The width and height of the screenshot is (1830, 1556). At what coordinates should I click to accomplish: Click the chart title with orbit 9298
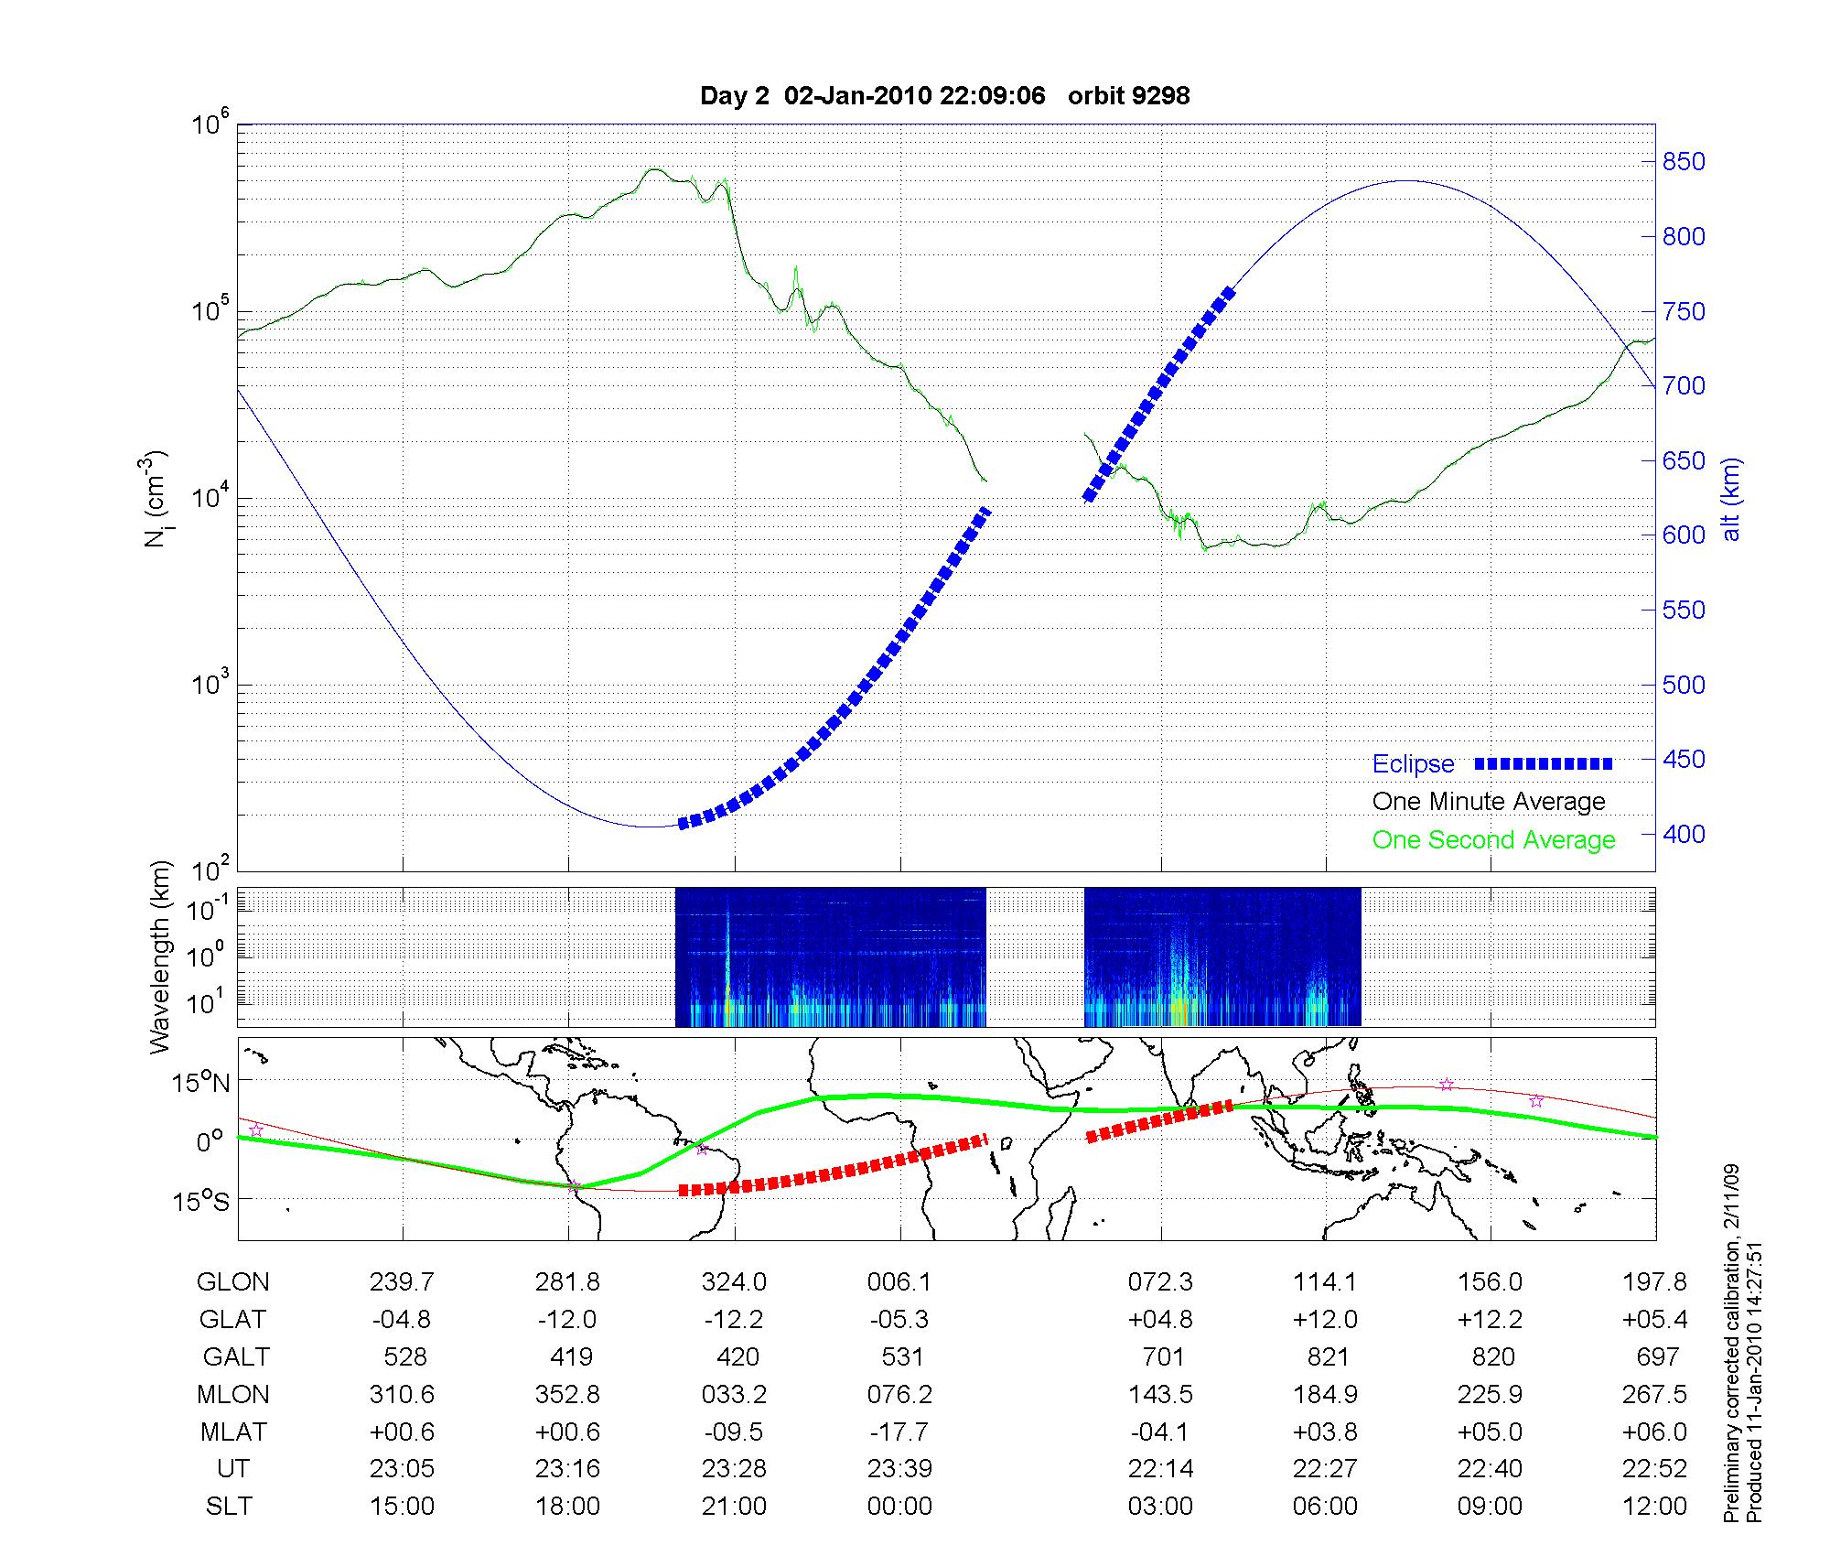click(x=944, y=96)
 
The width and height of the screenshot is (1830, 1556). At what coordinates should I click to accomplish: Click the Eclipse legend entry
click(x=1413, y=764)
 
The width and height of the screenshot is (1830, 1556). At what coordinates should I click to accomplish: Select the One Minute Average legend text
click(x=1489, y=802)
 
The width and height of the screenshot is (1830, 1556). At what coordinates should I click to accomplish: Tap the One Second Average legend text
click(x=1493, y=840)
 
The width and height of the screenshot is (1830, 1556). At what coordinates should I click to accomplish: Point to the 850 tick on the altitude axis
click(x=1684, y=162)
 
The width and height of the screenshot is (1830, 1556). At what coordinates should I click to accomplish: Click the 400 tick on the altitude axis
click(x=1684, y=834)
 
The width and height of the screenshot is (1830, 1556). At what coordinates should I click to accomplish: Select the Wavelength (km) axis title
click(x=161, y=957)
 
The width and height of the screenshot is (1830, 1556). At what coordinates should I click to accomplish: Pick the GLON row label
click(x=232, y=1282)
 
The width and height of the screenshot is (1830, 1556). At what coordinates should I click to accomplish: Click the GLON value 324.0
click(x=734, y=1282)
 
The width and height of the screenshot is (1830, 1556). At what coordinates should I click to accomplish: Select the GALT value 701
click(x=1161, y=1356)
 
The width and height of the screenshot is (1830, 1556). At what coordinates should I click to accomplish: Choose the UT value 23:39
click(x=899, y=1469)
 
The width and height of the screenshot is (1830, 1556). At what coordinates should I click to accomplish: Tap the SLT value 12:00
click(x=1654, y=1507)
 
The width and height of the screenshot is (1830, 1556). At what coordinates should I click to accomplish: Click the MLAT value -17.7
click(x=899, y=1432)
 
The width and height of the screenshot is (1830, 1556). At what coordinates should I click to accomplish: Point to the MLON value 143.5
click(x=1160, y=1394)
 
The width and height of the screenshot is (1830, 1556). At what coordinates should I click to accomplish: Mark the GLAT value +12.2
click(x=1491, y=1320)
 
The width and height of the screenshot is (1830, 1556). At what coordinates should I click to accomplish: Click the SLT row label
click(x=228, y=1507)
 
